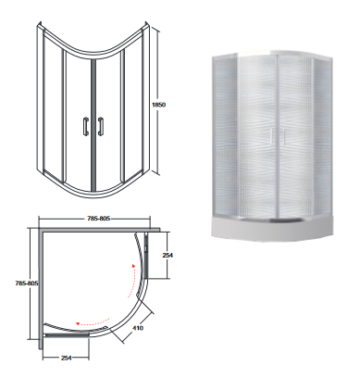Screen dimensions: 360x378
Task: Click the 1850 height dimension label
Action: point(158,105)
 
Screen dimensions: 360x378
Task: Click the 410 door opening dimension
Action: point(138,328)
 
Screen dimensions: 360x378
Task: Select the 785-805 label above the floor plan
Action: point(98,219)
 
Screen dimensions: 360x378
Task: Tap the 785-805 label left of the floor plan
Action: point(27,283)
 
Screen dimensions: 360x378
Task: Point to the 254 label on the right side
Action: point(168,256)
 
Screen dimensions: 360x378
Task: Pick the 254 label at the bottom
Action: point(66,358)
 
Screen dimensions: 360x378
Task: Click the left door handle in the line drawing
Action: point(85,126)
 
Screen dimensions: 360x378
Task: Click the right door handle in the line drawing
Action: point(100,126)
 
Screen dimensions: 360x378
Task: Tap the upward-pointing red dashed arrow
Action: point(131,281)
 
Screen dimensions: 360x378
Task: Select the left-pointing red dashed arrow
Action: point(93,322)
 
